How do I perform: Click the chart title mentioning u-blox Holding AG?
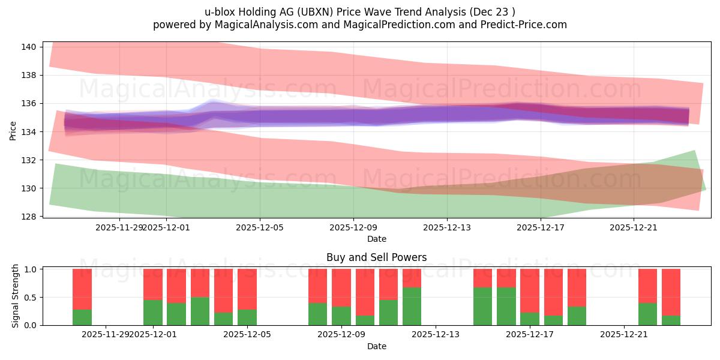pos(360,11)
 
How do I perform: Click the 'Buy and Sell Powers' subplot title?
pos(376,257)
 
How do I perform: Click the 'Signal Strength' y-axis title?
pos(16,296)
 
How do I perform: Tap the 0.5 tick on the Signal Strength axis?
pos(29,297)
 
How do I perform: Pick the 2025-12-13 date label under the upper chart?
pos(447,227)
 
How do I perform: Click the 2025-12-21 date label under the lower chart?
pos(625,335)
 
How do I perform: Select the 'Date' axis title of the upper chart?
pos(376,239)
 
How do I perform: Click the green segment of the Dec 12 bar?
pos(412,307)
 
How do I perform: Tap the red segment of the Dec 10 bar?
pos(365,292)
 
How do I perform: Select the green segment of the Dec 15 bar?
pos(482,307)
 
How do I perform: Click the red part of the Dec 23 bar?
pos(671,292)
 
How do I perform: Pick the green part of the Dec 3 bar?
pos(200,311)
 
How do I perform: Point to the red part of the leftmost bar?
pos(82,289)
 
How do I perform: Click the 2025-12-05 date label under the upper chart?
pos(260,227)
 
